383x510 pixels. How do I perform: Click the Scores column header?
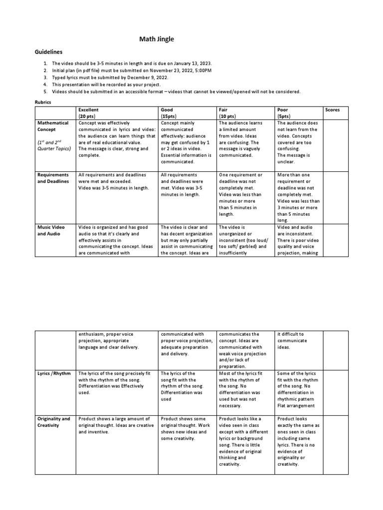(x=332, y=110)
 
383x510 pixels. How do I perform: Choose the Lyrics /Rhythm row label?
(x=54, y=373)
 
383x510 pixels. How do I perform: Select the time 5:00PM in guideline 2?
(x=201, y=71)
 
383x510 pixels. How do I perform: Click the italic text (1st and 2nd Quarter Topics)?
(x=54, y=145)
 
